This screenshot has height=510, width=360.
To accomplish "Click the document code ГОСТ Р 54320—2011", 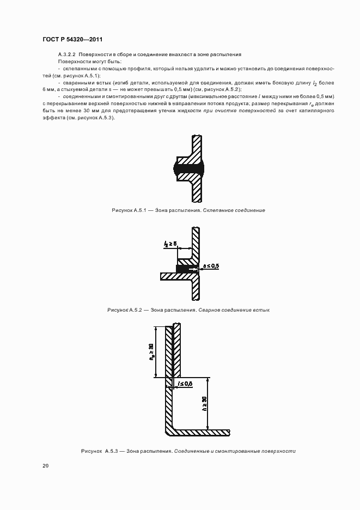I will click(x=72, y=40).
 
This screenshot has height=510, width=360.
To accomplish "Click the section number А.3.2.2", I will click(x=67, y=55).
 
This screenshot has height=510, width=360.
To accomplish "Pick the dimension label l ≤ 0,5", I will click(x=185, y=384).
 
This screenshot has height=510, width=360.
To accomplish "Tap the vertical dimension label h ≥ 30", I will click(x=204, y=403).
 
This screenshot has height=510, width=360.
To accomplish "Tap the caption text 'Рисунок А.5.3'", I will click(x=99, y=451).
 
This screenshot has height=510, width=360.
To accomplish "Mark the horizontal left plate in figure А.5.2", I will click(x=174, y=276).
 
